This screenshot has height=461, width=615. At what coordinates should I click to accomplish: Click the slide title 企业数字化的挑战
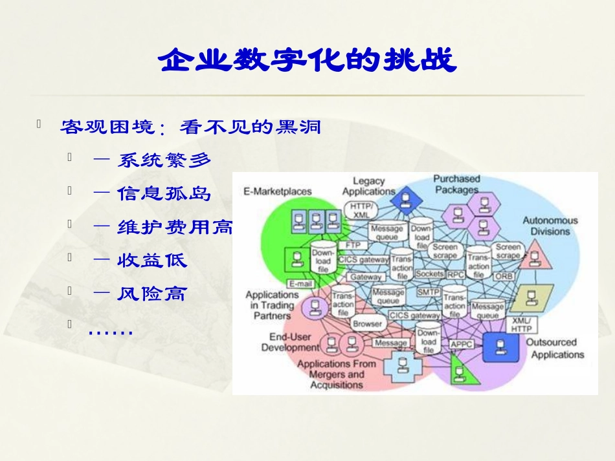click(x=307, y=61)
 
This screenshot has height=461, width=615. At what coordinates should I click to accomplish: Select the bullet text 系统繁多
click(x=164, y=160)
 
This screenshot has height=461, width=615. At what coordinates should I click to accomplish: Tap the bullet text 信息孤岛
click(x=164, y=193)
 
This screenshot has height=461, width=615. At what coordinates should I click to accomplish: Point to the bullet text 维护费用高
click(x=174, y=227)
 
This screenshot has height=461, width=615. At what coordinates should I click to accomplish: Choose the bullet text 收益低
click(x=152, y=261)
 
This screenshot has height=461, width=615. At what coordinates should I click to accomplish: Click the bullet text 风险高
click(x=151, y=294)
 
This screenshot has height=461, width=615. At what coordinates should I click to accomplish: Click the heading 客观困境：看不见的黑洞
click(x=191, y=126)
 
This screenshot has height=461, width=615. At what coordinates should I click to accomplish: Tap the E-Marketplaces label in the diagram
click(x=277, y=191)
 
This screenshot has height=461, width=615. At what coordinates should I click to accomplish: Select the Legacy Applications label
click(x=368, y=186)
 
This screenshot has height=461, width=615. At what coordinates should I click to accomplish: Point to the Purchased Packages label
click(x=456, y=184)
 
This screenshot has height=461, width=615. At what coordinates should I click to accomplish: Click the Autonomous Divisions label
click(x=550, y=226)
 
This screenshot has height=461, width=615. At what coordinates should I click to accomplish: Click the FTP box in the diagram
click(x=353, y=246)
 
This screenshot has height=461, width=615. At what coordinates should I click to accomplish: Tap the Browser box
click(x=367, y=323)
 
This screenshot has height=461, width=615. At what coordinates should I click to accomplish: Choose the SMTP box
click(x=428, y=292)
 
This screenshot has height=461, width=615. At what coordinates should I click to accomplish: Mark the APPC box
click(x=461, y=344)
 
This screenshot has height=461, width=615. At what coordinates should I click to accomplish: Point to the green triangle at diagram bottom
click(x=460, y=374)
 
